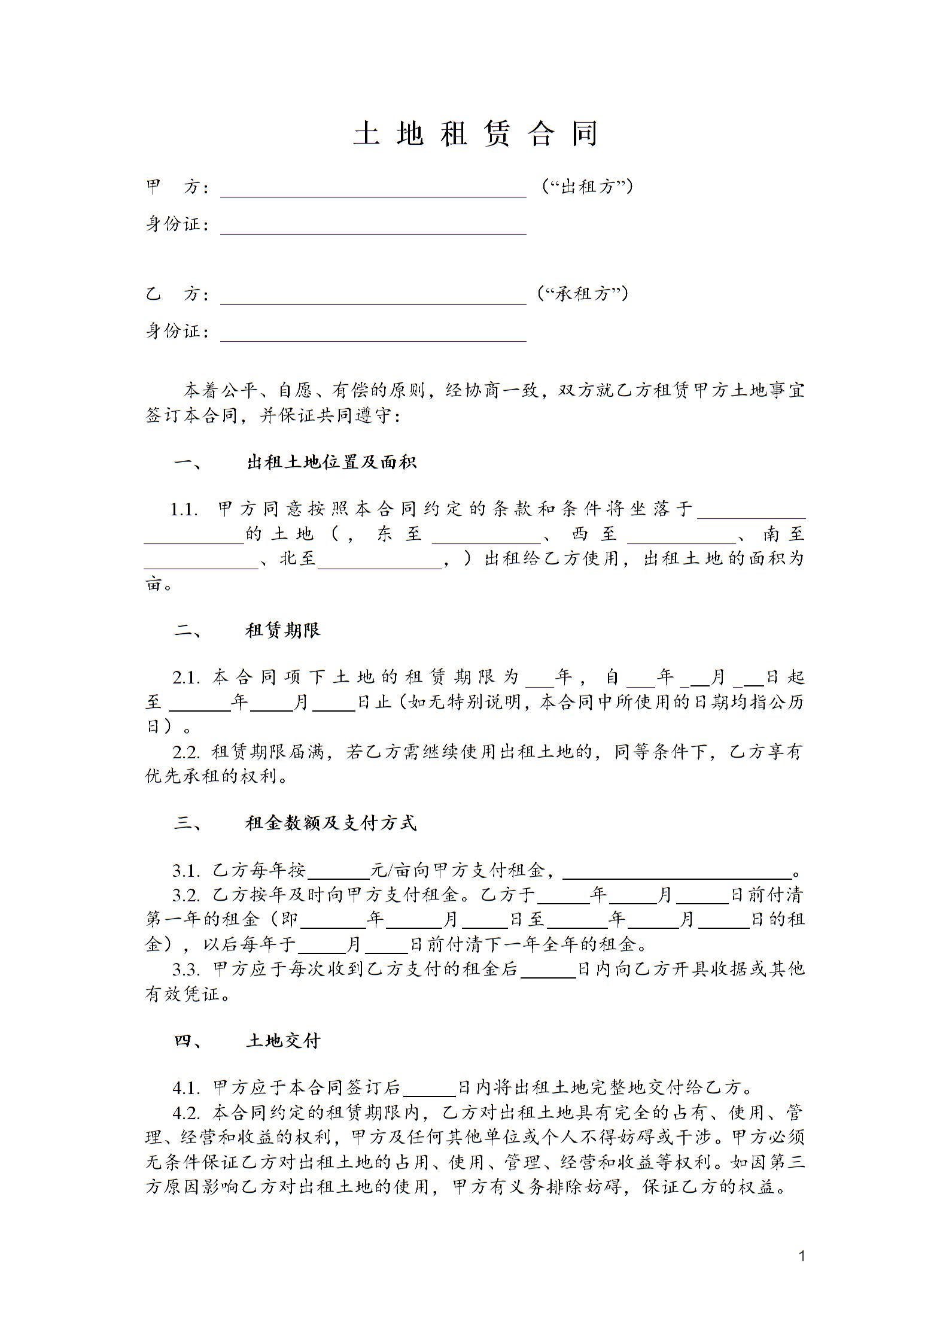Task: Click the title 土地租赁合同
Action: pos(475,133)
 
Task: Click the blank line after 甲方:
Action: pos(373,190)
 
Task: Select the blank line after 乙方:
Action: pos(373,298)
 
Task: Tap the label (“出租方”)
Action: pos(586,187)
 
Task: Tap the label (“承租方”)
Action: pos(583,294)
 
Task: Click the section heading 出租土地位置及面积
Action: pos(331,462)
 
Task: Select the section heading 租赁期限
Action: pos(283,630)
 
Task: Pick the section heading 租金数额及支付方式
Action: pos(331,824)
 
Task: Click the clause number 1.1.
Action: pos(184,510)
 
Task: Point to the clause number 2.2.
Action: pos(186,752)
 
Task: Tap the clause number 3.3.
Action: pos(186,969)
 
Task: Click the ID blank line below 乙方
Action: pos(373,335)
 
